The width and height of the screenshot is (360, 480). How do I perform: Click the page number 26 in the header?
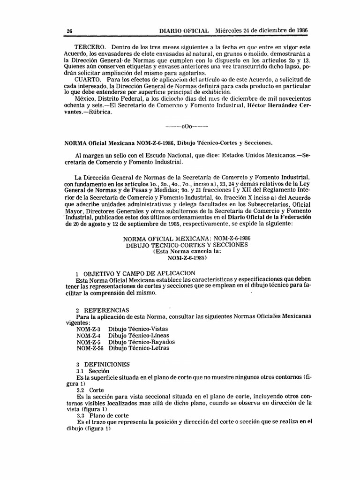click(69, 30)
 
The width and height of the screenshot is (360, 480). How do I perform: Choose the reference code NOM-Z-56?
click(90, 348)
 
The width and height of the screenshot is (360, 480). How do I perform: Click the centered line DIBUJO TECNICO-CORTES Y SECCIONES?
click(186, 245)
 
